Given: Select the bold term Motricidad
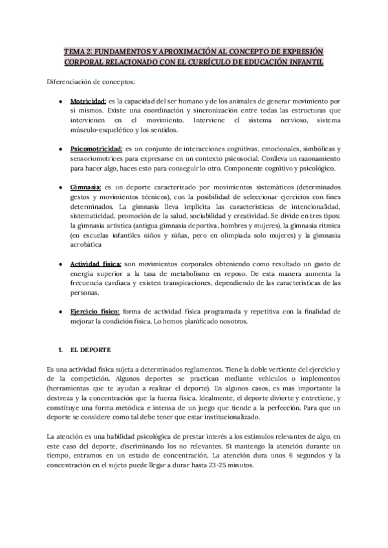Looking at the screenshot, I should pos(89,102).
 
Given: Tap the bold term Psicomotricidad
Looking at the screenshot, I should pos(95,149).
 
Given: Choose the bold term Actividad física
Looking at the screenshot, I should pos(94,264).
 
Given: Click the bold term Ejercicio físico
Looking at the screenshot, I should pos(95,311).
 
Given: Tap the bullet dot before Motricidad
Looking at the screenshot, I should pos(61,102).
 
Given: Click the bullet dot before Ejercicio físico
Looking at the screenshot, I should pos(61,311).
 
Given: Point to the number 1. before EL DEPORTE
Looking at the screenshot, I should pos(61,350).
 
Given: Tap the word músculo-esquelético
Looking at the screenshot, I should pos(99,130).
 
